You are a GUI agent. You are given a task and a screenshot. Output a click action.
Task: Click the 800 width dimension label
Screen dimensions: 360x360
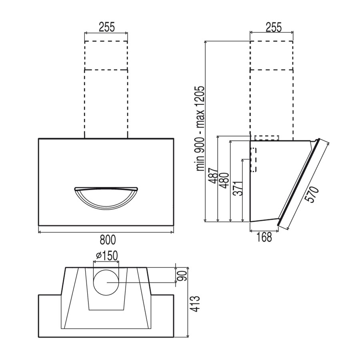pyautogui.click(x=108, y=240)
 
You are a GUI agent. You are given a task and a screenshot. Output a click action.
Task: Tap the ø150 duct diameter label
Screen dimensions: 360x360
pyautogui.click(x=106, y=255)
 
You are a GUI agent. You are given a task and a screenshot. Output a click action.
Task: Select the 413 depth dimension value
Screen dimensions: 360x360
pyautogui.click(x=195, y=304)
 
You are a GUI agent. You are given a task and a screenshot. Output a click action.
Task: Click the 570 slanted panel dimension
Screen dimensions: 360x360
pyautogui.click(x=313, y=194)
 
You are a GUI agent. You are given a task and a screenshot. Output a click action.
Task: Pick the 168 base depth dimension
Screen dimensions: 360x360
pyautogui.click(x=264, y=237)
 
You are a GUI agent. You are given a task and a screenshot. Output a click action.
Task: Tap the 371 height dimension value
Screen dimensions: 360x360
pyautogui.click(x=238, y=188)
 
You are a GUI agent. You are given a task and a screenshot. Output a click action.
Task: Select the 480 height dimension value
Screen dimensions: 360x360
pyautogui.click(x=225, y=180)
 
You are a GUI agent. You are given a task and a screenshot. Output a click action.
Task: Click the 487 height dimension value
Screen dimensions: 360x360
pyautogui.click(x=212, y=176)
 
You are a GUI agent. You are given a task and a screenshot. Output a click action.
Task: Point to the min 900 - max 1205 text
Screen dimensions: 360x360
pyautogui.click(x=200, y=128)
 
